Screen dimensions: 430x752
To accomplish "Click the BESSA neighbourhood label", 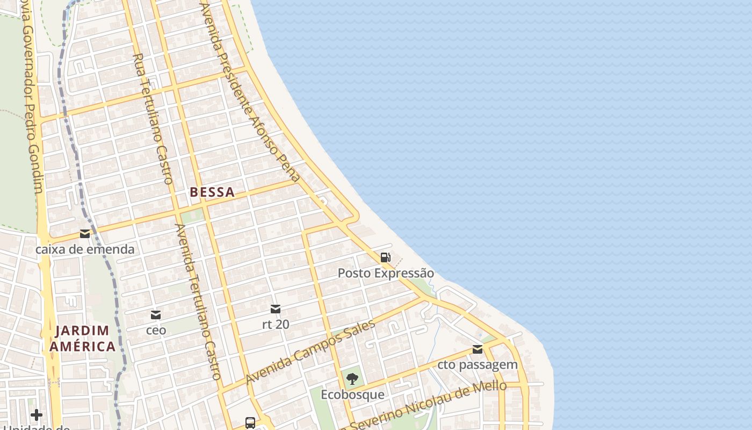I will click(212, 192).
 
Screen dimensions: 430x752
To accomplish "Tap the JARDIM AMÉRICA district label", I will click(82, 338).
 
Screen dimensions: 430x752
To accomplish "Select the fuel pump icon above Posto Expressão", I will click(385, 257).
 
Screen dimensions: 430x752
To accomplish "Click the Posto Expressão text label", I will click(386, 273).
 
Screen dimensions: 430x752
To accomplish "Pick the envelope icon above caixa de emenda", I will click(85, 234).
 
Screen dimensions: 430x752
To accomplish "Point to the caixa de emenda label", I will click(85, 249).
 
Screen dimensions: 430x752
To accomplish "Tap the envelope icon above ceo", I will click(156, 314).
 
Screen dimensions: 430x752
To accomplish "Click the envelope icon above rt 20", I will click(276, 309).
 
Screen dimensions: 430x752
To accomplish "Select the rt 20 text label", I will click(276, 324).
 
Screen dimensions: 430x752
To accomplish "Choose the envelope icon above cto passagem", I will click(478, 349).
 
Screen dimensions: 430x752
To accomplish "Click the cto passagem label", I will click(478, 365).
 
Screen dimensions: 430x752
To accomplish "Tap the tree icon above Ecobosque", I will click(352, 379).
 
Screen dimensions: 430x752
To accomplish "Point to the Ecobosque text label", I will click(352, 395).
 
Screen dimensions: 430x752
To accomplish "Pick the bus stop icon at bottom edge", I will click(250, 423).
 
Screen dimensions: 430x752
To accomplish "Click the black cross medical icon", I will click(37, 415).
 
